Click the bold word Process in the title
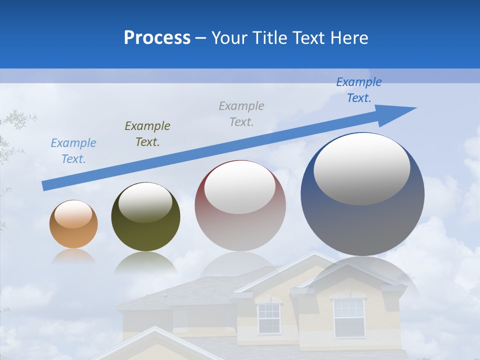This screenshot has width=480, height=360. (157, 37)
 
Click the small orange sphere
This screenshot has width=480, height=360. (73, 224)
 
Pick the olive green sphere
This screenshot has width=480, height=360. (145, 217)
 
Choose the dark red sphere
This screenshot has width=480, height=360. (240, 205)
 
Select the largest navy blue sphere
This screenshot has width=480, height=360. (362, 194)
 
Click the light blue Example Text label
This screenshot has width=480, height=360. (73, 151)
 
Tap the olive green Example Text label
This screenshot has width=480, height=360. (147, 134)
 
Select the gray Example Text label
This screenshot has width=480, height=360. (241, 113)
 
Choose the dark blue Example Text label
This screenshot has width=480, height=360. (359, 90)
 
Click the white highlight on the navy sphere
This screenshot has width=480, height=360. (361, 168)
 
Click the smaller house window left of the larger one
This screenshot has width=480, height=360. (269, 318)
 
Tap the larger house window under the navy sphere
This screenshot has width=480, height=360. (348, 317)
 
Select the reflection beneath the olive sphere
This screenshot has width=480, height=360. (145, 263)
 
